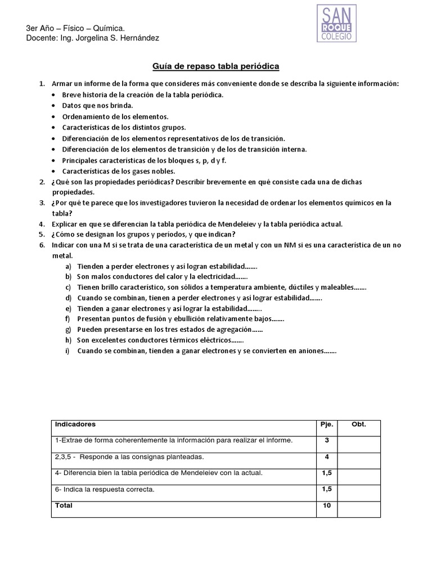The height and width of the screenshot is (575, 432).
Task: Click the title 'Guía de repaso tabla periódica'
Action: pyautogui.click(x=216, y=67)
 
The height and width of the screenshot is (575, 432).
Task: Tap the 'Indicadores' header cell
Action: pyautogui.click(x=75, y=424)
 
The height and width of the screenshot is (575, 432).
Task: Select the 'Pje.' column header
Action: pyautogui.click(x=327, y=424)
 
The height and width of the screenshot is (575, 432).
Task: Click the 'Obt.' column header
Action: pyautogui.click(x=359, y=424)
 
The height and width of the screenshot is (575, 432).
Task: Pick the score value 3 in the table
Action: pyautogui.click(x=327, y=440)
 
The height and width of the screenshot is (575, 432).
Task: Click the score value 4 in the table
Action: pyautogui.click(x=327, y=457)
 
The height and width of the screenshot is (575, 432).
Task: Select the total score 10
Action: pyautogui.click(x=327, y=505)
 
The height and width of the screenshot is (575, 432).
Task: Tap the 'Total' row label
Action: pyautogui.click(x=64, y=505)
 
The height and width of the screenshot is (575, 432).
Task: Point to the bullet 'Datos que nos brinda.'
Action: pyautogui.click(x=97, y=106)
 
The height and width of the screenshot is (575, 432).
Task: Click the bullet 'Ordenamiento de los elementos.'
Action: pyautogui.click(x=115, y=116)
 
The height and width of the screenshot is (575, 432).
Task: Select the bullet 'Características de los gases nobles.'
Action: pyautogui.click(x=118, y=171)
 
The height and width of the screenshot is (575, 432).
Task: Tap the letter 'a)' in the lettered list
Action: pyautogui.click(x=68, y=266)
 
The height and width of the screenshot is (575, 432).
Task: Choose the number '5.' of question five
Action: pyautogui.click(x=42, y=234)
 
